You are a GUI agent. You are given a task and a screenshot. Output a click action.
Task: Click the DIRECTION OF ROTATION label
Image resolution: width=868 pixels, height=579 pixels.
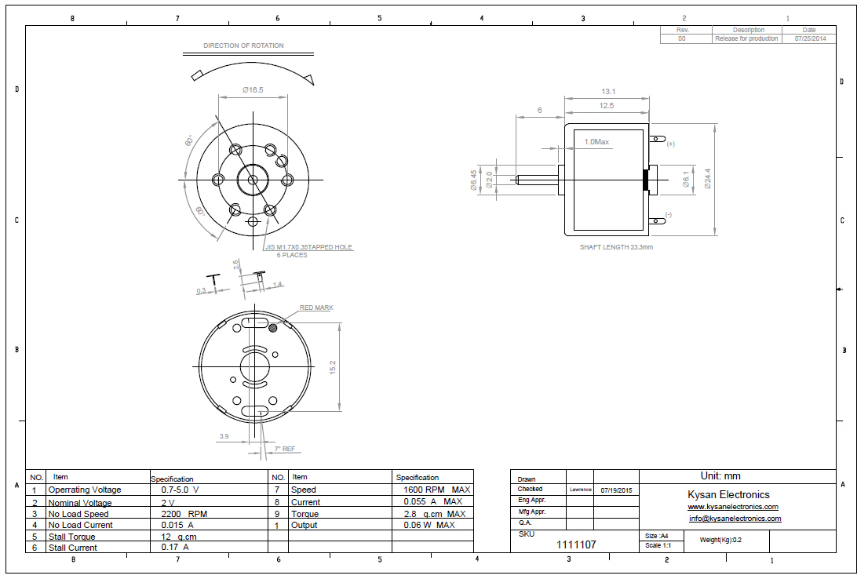click(x=243, y=46)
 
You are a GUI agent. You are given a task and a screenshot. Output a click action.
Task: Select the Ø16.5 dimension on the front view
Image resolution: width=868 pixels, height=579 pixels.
click(x=253, y=90)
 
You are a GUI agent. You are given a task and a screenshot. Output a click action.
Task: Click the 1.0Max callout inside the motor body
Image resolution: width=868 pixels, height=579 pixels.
click(x=596, y=142)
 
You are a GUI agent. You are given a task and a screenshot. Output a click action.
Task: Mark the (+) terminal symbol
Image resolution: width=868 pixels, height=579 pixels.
click(x=670, y=144)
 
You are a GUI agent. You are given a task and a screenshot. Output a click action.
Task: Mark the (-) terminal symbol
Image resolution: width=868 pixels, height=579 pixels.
click(x=668, y=215)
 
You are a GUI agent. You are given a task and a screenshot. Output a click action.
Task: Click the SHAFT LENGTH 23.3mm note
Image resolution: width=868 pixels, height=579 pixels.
click(x=616, y=247)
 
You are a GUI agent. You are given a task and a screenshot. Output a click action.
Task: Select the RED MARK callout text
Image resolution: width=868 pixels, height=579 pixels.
click(x=316, y=308)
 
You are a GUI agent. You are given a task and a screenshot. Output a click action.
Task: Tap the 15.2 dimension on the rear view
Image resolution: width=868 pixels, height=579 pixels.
click(x=333, y=366)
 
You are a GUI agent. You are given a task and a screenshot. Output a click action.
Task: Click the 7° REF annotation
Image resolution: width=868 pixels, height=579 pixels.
click(x=284, y=450)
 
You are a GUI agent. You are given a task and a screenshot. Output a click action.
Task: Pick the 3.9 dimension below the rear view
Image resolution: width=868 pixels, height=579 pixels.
click(x=224, y=436)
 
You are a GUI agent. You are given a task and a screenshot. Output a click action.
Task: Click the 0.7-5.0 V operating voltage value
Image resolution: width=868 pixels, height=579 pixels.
click(x=180, y=489)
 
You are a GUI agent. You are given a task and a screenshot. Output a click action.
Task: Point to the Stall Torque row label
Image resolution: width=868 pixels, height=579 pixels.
click(x=71, y=537)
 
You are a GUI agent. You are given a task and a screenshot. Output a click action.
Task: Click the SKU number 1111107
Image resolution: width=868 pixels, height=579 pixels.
click(x=576, y=544)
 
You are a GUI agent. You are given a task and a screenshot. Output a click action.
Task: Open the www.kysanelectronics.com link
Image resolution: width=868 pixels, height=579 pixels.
click(x=733, y=507)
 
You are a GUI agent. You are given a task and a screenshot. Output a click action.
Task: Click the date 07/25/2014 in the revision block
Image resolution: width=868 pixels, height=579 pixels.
click(x=809, y=38)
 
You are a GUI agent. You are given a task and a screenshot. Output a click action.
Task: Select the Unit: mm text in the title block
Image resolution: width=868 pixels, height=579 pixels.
click(x=720, y=475)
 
